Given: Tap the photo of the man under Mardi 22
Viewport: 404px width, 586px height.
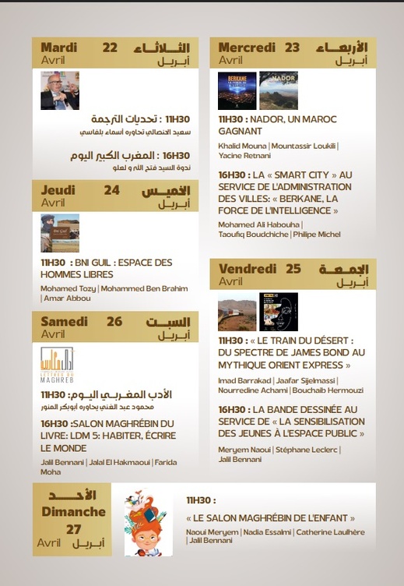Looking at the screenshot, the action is tap(60, 90).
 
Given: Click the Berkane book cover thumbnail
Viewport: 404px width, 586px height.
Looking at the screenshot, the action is tap(237, 90).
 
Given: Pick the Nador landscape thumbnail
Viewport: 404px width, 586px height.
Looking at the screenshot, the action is tap(278, 90).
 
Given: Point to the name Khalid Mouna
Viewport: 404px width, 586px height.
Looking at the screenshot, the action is tap(242, 146).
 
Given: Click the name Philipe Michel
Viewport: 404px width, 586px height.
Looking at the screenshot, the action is tap(317, 234).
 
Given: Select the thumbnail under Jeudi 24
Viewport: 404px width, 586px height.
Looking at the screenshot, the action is tap(60, 233).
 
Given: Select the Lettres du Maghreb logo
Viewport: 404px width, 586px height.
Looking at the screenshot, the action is tap(57, 365).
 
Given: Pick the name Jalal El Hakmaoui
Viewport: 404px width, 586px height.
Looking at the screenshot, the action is tap(114, 463).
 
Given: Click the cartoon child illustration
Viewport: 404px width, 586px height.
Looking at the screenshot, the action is tap(148, 521).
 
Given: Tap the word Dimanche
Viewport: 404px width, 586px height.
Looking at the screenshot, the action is tap(75, 512).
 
